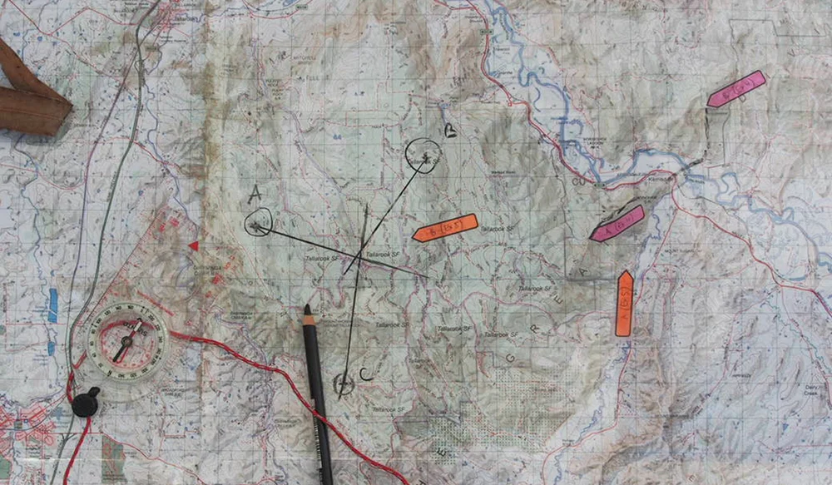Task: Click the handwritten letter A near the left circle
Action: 255,195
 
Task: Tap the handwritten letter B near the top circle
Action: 450,131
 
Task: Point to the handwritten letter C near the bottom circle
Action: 365,375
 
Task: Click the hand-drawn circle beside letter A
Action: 259,223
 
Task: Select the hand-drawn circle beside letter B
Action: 423,156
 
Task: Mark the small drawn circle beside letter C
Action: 342,384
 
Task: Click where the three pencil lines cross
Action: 362,251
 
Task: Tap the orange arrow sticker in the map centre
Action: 444,227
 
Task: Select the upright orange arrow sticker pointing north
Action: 624,303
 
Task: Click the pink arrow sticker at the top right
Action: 736,88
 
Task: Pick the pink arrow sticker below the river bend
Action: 617,223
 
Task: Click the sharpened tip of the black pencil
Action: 308,309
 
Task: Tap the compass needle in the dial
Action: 126,342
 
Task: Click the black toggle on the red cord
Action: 86,403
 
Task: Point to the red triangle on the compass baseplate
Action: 194,245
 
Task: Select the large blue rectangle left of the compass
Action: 53,305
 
